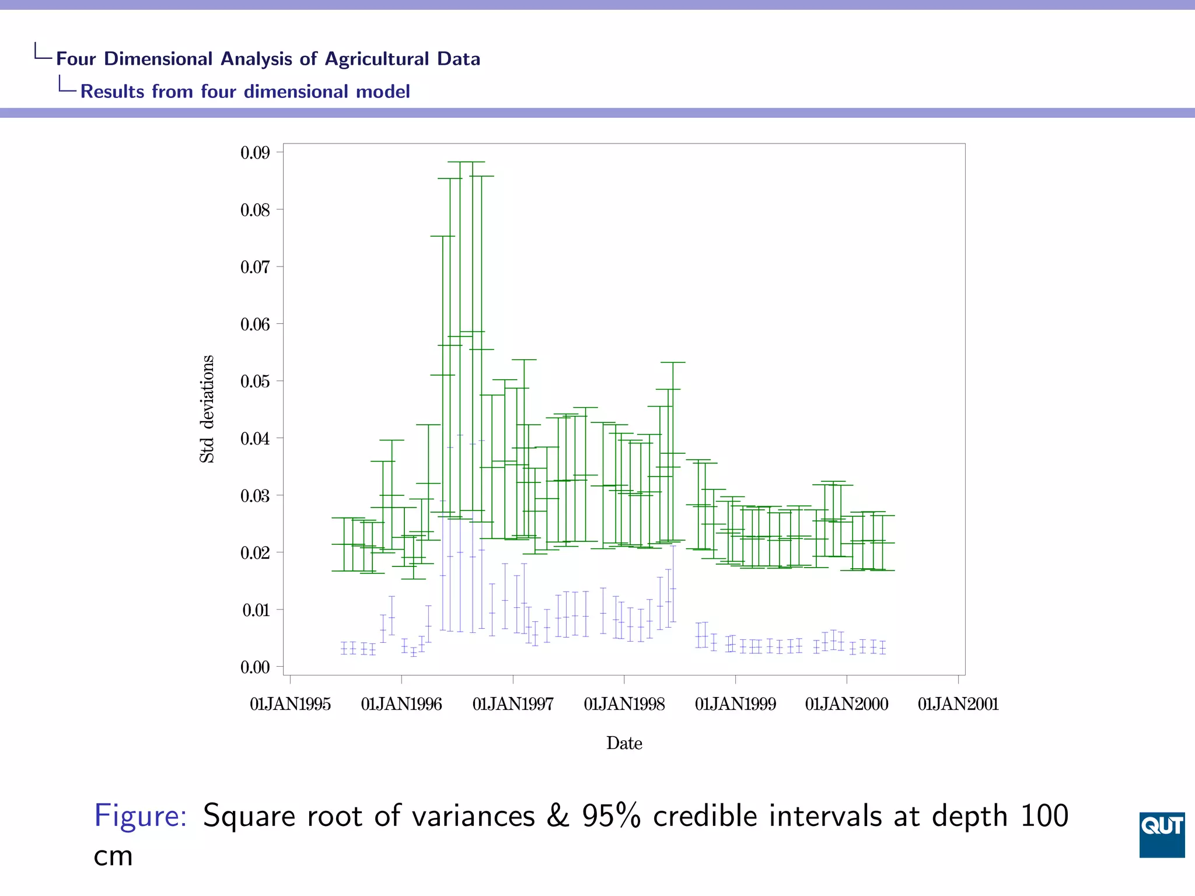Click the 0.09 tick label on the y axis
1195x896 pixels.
(x=255, y=153)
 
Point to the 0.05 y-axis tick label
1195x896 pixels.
(x=255, y=381)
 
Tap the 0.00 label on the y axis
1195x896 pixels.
(x=255, y=667)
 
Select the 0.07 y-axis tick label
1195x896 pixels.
(x=255, y=267)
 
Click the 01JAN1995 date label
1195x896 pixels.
(x=290, y=705)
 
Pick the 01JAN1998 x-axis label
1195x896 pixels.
(x=624, y=705)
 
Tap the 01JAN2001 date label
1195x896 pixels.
(x=958, y=705)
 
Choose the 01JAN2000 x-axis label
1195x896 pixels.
(x=847, y=705)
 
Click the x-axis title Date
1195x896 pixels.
(x=624, y=743)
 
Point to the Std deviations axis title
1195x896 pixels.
(x=207, y=409)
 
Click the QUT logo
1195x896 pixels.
(x=1161, y=834)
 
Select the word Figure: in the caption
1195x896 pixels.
(x=141, y=815)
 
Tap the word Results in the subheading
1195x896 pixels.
(x=112, y=92)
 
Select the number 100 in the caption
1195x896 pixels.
(x=1044, y=815)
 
